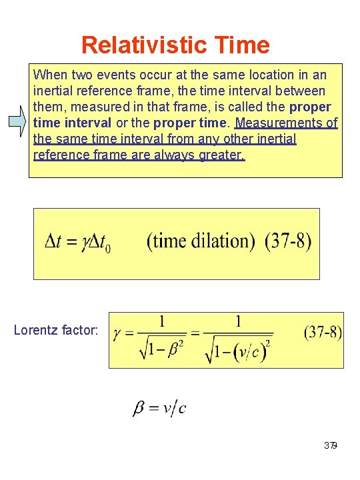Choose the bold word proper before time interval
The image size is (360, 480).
pyautogui.click(x=311, y=107)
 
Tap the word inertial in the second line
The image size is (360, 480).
pyautogui.click(x=54, y=90)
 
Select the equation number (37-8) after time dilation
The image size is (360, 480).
pyautogui.click(x=288, y=241)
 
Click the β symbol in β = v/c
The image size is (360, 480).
pyautogui.click(x=140, y=408)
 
